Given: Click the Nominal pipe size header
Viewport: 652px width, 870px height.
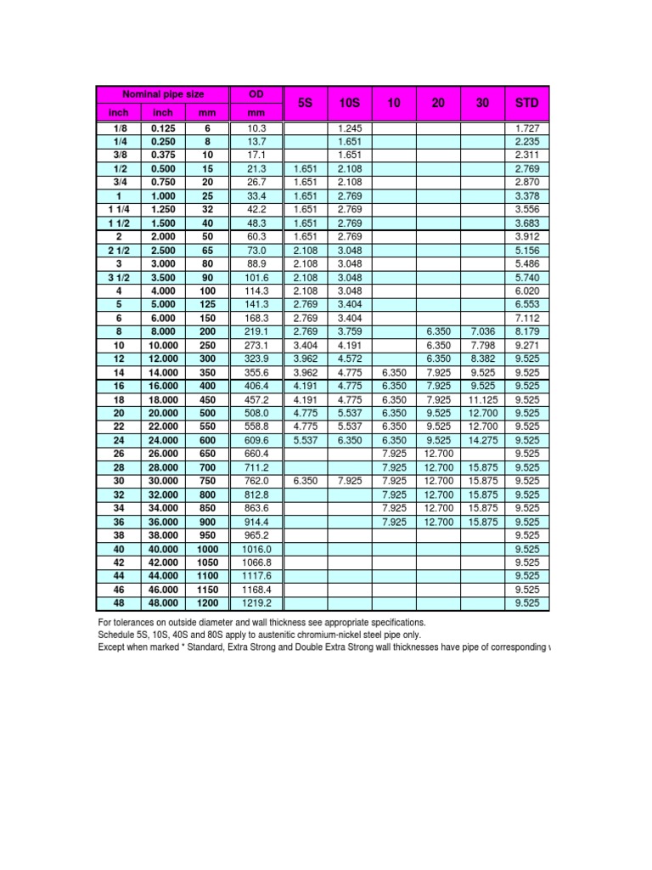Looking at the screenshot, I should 163,93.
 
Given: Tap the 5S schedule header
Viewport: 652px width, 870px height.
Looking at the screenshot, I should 306,103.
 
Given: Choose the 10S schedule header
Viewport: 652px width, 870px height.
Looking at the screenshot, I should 350,103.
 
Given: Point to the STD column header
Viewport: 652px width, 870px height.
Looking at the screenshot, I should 526,103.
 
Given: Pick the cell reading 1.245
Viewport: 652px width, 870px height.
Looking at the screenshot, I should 350,127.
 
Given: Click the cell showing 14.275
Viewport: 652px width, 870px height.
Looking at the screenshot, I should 482,440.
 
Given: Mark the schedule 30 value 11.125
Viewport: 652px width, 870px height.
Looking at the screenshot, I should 482,399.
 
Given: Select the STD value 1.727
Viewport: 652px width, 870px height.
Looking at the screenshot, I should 526,127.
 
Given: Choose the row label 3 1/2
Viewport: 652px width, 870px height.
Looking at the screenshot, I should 116,277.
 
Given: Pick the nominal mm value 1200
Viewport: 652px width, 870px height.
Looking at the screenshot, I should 206,603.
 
